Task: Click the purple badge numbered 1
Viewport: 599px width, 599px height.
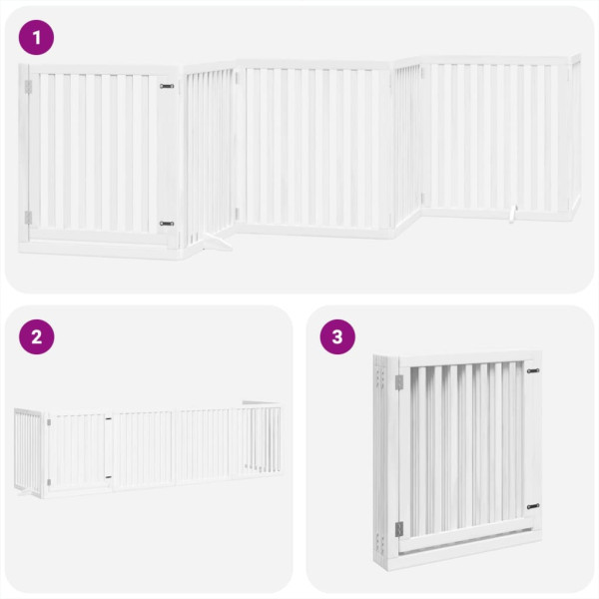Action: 37,38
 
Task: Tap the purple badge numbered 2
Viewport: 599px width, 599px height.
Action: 37,337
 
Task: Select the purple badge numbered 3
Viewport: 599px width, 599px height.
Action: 337,337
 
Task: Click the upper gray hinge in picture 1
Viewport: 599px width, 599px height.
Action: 29,87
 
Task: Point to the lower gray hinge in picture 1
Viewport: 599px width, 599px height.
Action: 29,217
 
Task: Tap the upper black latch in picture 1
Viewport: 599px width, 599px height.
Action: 166,87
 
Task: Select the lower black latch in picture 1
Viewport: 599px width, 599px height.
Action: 166,223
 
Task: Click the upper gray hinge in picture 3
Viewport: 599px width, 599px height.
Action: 397,382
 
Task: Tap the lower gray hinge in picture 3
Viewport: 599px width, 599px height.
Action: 398,529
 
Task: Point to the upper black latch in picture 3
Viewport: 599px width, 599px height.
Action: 532,371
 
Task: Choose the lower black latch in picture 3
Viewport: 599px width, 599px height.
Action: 532,505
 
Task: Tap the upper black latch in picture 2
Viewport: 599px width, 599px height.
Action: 109,418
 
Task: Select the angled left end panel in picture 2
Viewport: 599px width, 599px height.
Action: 28,449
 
